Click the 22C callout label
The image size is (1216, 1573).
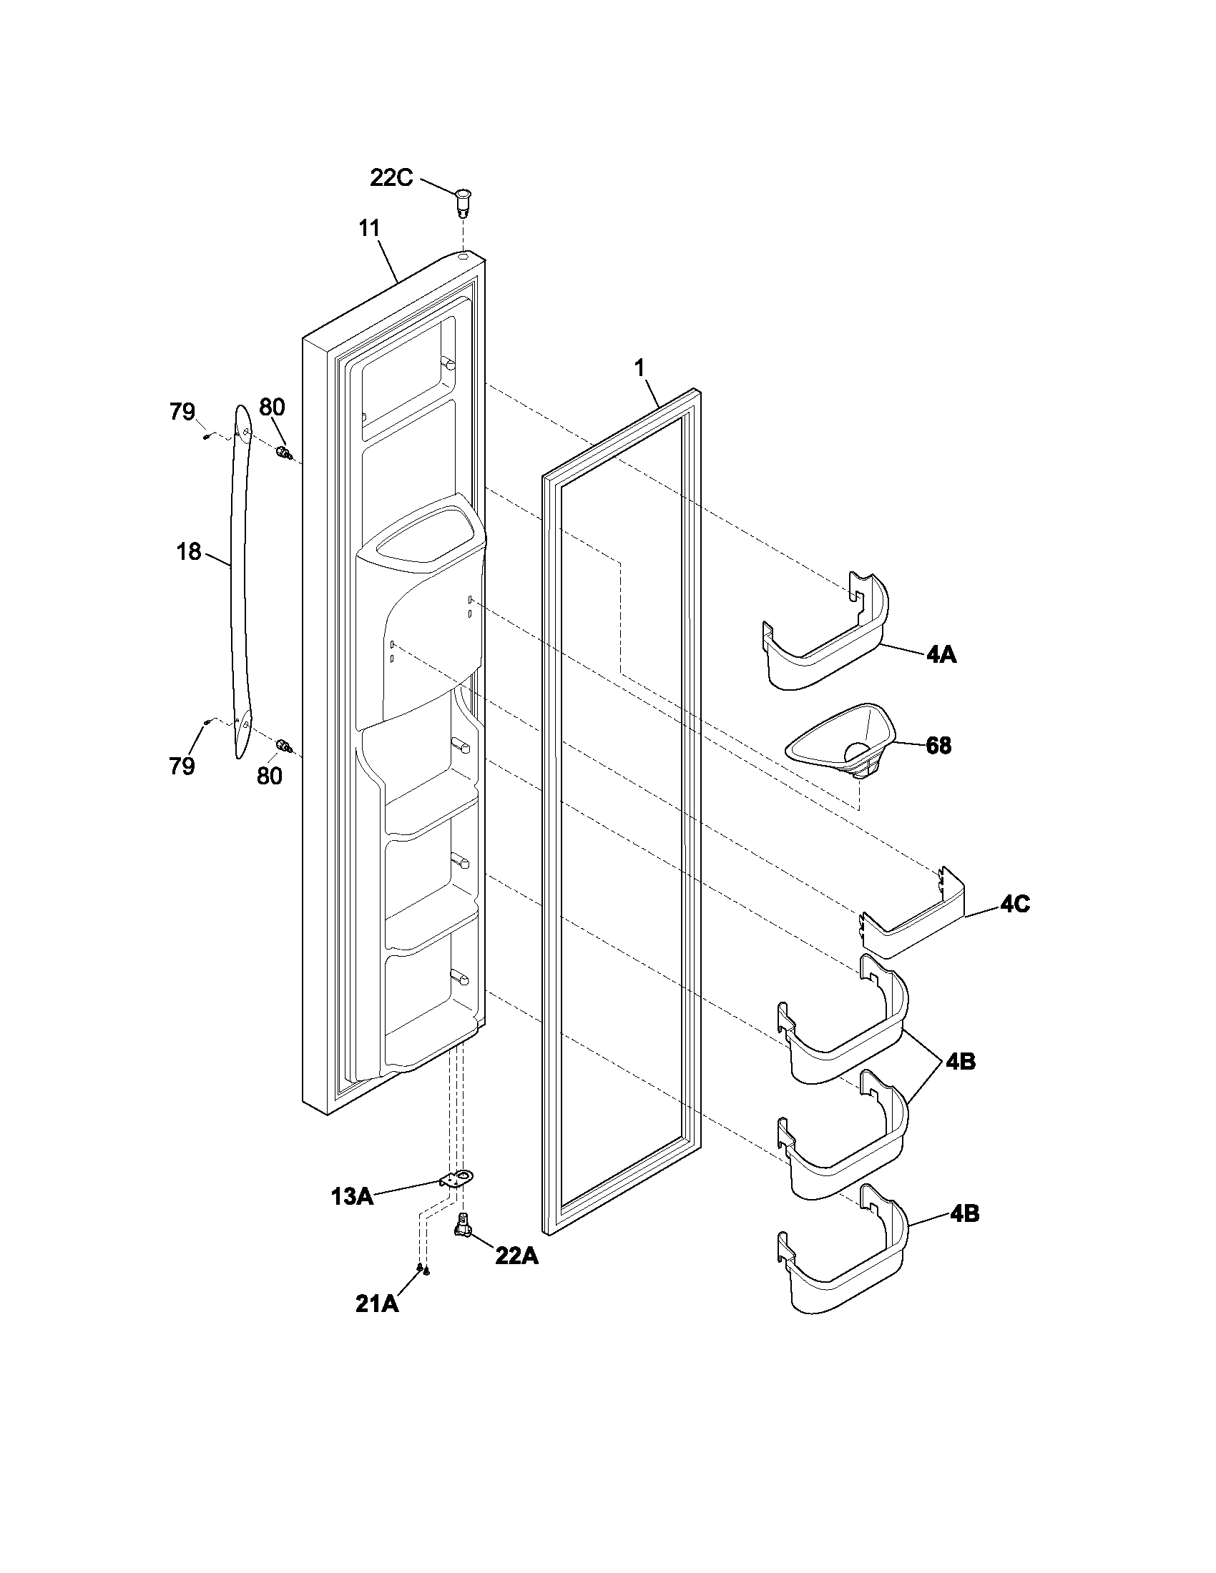(391, 178)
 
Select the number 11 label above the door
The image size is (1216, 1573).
(369, 228)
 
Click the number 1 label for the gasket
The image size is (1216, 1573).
(639, 368)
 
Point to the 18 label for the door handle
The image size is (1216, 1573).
(189, 552)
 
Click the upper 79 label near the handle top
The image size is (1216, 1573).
(182, 412)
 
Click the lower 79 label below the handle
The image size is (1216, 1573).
(182, 766)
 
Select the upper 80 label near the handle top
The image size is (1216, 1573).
(272, 408)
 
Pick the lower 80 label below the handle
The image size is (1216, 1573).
(270, 776)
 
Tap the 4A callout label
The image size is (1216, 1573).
(941, 655)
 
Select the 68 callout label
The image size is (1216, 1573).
(938, 746)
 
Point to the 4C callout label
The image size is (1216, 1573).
(1014, 904)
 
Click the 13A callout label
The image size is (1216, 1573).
(351, 1197)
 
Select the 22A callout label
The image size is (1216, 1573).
(516, 1256)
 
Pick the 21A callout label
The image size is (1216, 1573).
(377, 1303)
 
